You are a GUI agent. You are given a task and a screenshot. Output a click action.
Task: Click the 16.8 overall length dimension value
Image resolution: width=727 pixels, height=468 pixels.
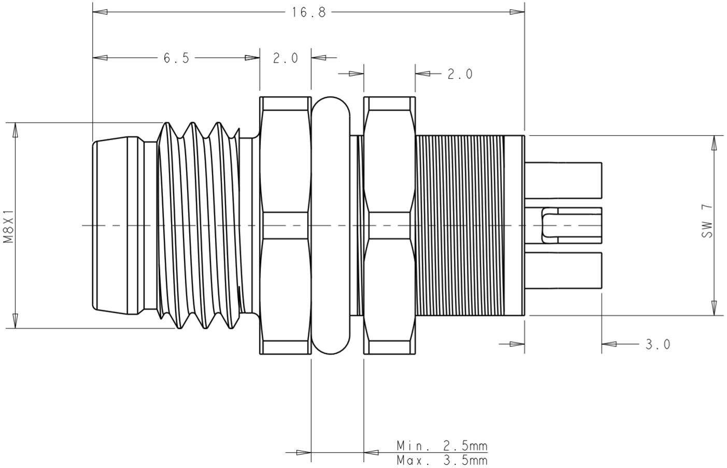click(308, 12)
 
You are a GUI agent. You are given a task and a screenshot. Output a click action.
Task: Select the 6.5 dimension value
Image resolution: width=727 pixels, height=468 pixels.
click(177, 57)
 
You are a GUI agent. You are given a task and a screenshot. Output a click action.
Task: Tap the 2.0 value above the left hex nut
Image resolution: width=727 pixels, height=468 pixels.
click(286, 57)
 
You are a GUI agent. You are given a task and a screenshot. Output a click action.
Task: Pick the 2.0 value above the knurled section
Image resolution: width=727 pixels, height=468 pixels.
click(460, 74)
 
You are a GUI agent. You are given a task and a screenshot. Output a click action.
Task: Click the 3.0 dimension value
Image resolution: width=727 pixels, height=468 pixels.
click(658, 344)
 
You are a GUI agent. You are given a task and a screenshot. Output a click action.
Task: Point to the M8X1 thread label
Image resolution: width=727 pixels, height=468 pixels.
click(8, 226)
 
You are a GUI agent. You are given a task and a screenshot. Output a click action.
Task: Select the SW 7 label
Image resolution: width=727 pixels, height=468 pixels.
click(707, 221)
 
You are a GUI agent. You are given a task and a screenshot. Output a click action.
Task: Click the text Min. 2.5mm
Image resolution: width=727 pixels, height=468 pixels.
click(442, 446)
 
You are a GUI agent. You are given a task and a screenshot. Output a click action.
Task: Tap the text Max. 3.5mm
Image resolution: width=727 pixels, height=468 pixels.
click(442, 460)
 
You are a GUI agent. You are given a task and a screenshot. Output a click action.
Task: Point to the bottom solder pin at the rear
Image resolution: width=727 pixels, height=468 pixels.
click(563, 270)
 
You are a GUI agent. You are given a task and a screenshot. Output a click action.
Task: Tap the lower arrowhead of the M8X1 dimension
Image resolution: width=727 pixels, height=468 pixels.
click(16, 320)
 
